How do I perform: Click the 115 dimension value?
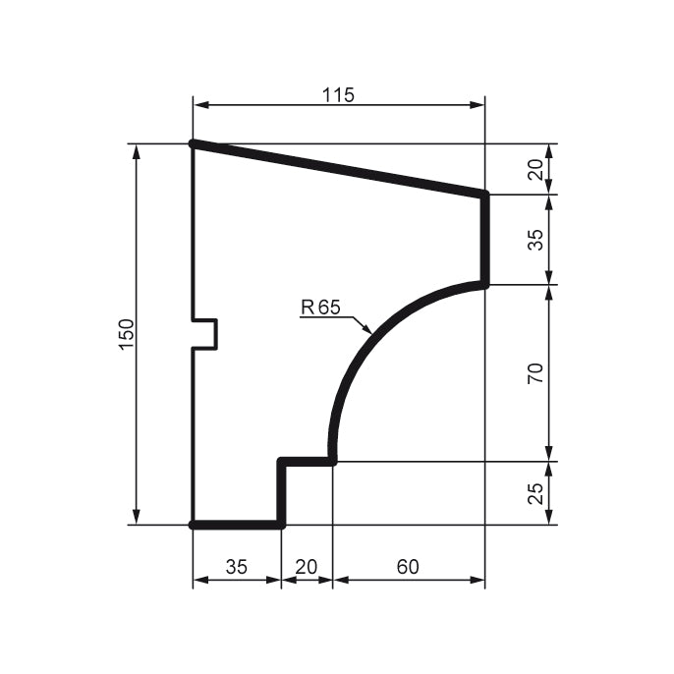(338, 94)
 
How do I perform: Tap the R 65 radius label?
(319, 308)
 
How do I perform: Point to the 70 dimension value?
(535, 373)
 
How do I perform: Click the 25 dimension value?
(535, 493)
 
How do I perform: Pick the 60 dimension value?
(408, 567)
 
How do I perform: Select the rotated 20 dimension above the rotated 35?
(535, 170)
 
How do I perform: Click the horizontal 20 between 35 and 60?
(307, 567)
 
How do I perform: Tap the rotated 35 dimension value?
(535, 240)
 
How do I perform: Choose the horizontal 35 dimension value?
(237, 567)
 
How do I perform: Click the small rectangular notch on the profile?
(205, 334)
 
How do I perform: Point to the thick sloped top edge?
(338, 169)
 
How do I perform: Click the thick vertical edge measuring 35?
(484, 240)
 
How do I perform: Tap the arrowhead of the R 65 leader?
(368, 330)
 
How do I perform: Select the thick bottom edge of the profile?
(237, 525)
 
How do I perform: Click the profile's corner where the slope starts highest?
(193, 143)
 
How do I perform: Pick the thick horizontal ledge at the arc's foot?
(307, 460)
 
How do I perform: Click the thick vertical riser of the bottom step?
(282, 492)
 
